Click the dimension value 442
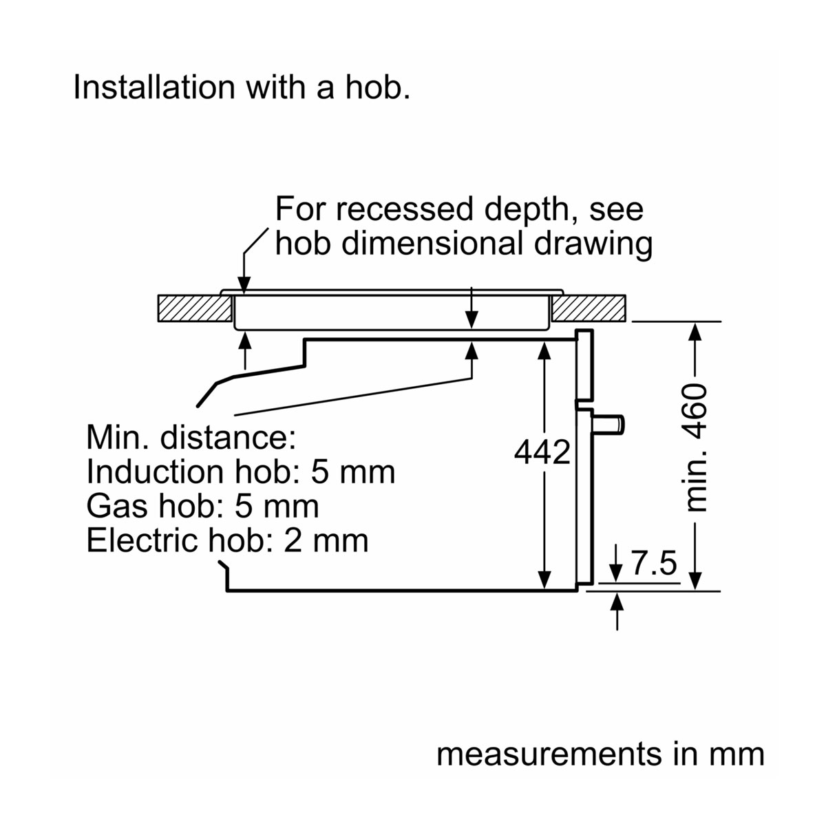pyautogui.click(x=543, y=452)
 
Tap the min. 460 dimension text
pyautogui.click(x=697, y=448)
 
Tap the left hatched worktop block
pyautogui.click(x=194, y=308)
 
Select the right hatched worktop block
pyautogui.click(x=590, y=308)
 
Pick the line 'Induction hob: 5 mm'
pyautogui.click(x=241, y=472)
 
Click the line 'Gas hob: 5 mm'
pyautogui.click(x=203, y=506)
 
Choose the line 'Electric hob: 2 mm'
pyautogui.click(x=227, y=540)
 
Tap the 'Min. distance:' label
pyautogui.click(x=191, y=437)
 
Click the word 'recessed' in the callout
pyautogui.click(x=406, y=209)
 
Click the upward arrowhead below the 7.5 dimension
pyautogui.click(x=617, y=601)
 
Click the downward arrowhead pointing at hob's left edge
pyautogui.click(x=244, y=287)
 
